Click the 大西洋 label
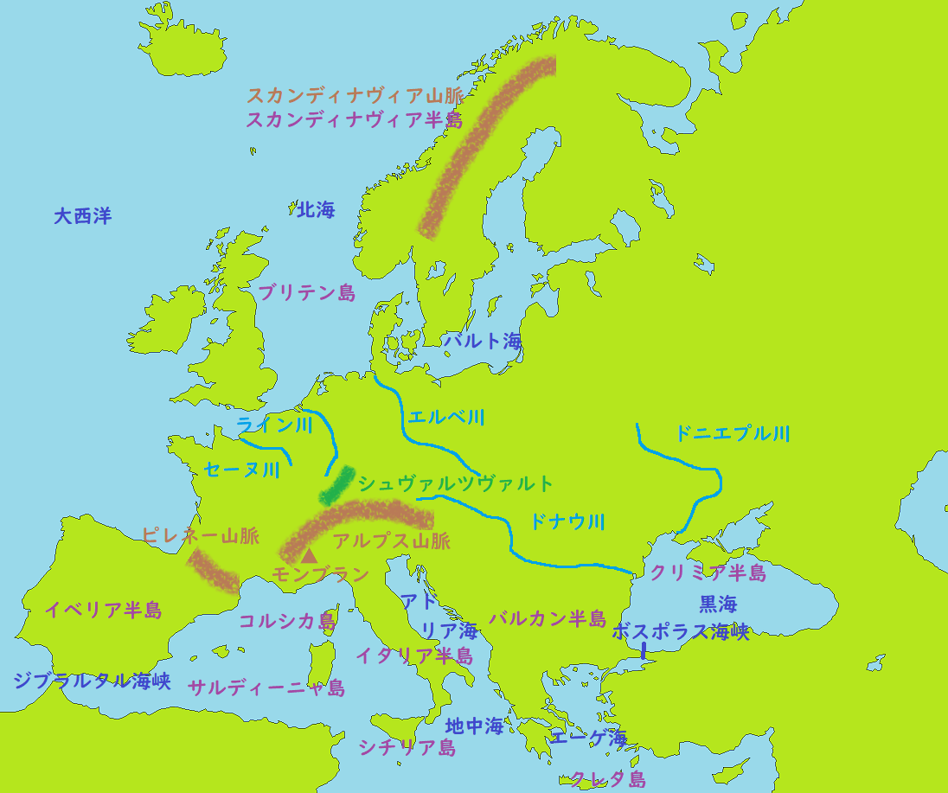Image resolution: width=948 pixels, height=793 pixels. [82, 216]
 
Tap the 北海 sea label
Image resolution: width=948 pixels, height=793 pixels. [315, 209]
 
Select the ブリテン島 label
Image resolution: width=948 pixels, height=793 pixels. [307, 293]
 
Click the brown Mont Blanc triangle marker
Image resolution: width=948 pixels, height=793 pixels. [309, 554]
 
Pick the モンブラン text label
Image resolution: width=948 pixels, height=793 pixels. [320, 574]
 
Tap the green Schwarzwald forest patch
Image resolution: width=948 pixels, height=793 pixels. [336, 487]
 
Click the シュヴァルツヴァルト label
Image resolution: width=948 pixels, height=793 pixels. [455, 483]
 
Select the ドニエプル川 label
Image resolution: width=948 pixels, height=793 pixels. [732, 434]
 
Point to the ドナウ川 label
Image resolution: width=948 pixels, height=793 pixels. [567, 521]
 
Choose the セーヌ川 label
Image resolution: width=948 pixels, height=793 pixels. [241, 470]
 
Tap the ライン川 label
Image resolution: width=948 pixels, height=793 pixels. [274, 425]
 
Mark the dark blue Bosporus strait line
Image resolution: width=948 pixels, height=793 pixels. [644, 650]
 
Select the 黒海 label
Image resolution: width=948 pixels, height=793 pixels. [718, 603]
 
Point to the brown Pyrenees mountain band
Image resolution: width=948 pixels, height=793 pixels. [213, 572]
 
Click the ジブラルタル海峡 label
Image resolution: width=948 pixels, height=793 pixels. [92, 681]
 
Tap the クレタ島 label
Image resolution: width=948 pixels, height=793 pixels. [607, 779]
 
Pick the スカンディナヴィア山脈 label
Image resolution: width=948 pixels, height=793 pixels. [355, 95]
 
